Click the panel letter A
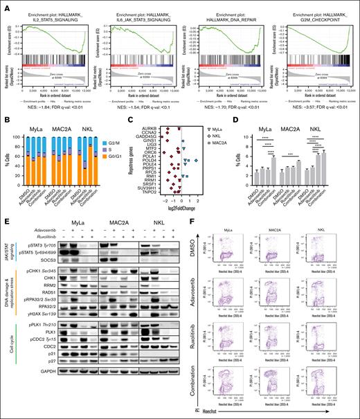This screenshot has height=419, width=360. [x=4, y=5]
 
